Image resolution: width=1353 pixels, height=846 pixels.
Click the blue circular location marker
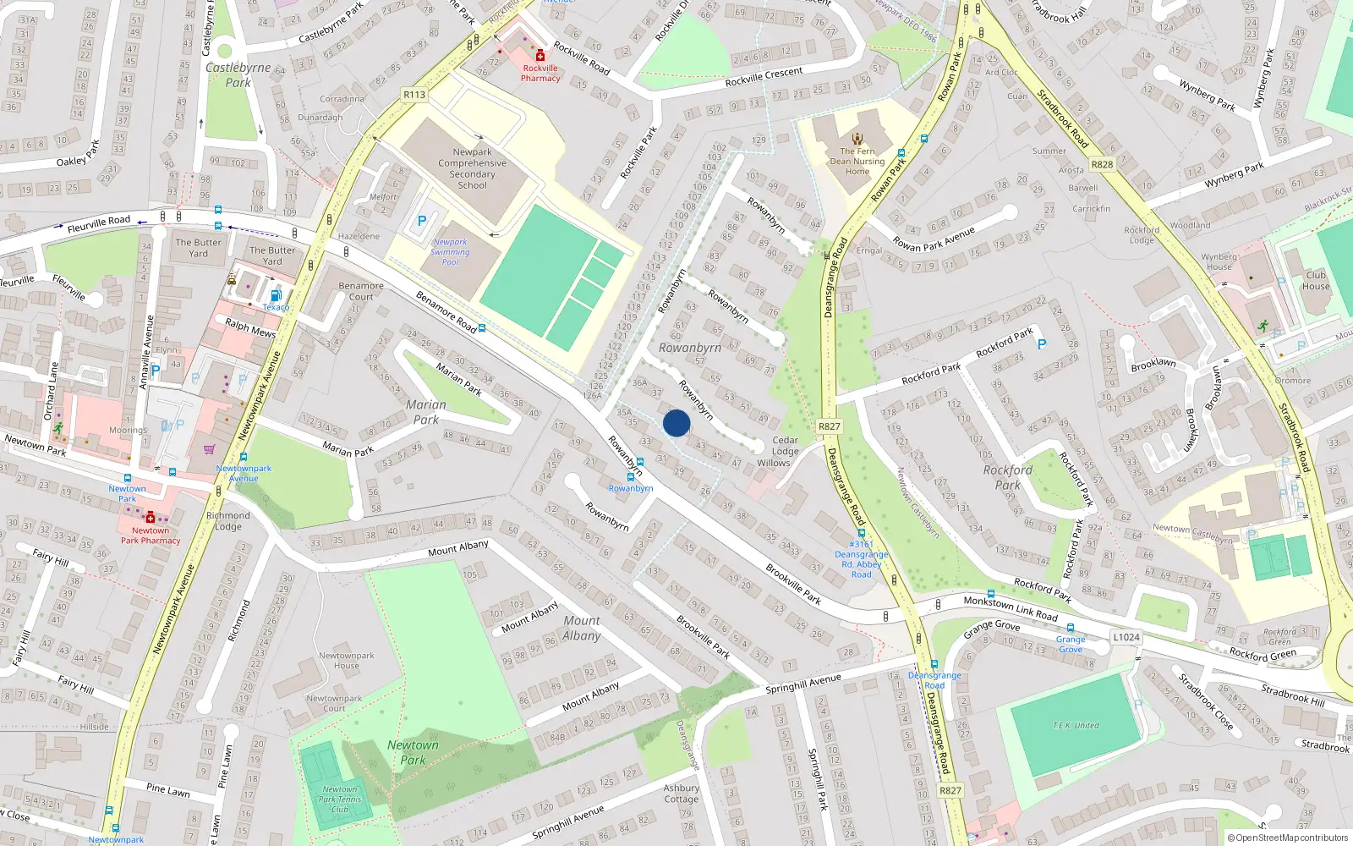click(x=676, y=423)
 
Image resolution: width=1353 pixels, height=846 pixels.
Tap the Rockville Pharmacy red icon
click(x=540, y=56)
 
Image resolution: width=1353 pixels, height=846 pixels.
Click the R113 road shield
click(x=414, y=95)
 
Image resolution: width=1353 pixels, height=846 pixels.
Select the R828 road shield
click(x=1102, y=164)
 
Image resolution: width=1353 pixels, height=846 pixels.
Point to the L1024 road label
click(x=1126, y=637)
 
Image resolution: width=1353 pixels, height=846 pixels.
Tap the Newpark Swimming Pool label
click(x=450, y=252)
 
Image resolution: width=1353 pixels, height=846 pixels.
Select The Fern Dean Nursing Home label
click(x=857, y=161)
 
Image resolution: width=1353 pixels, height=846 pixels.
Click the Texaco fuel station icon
click(x=276, y=295)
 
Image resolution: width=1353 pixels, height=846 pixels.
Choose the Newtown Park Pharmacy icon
click(x=151, y=517)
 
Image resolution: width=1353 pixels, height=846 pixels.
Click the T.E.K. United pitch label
click(x=1076, y=725)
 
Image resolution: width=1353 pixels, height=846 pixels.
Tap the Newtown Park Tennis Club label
click(x=340, y=799)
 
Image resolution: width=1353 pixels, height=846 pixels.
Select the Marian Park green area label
click(x=426, y=412)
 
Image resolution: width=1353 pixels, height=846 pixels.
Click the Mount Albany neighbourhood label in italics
click(x=582, y=628)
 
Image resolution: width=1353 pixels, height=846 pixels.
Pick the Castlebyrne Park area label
click(x=238, y=74)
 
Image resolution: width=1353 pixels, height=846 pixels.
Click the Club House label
click(x=1316, y=280)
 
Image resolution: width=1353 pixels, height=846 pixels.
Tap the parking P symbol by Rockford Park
click(x=1042, y=344)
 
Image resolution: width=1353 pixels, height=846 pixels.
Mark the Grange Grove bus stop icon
click(x=1070, y=628)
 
